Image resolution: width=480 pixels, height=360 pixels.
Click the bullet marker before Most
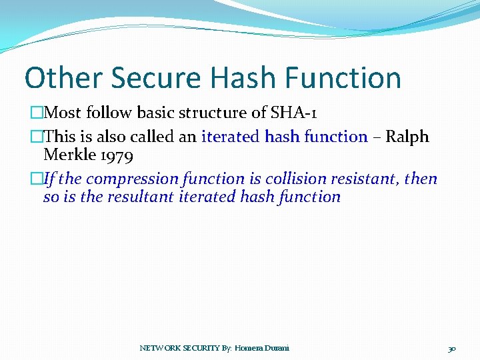click(37, 111)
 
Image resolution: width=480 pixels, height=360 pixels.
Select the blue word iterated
click(231, 137)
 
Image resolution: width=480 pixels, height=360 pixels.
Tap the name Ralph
click(407, 137)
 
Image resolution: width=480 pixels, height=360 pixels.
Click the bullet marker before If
click(37, 179)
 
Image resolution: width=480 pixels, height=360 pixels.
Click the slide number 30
click(451, 349)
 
